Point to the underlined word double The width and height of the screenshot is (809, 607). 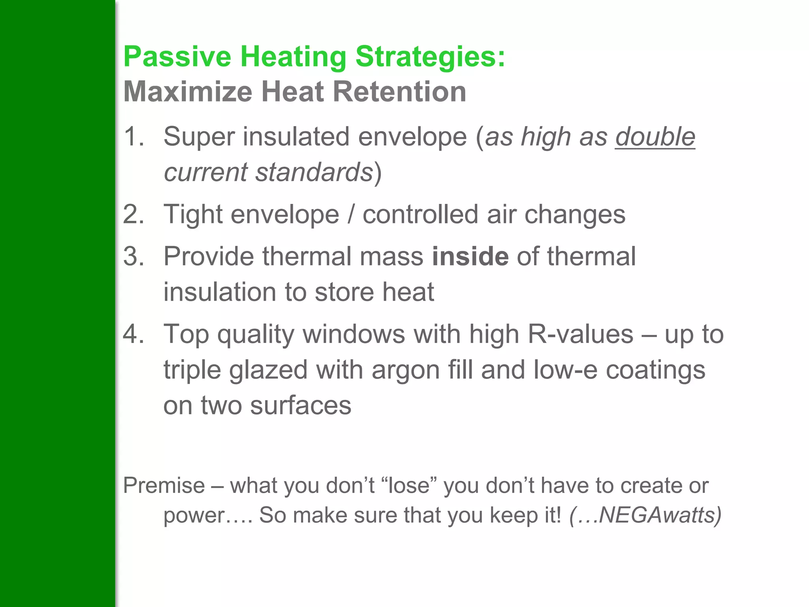pyautogui.click(x=655, y=137)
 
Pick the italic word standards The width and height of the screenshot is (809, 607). pyautogui.click(x=314, y=172)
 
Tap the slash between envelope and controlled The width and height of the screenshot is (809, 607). pyautogui.click(x=351, y=215)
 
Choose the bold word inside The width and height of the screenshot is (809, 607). pyautogui.click(x=470, y=256)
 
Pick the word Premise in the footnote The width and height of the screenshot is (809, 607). pyautogui.click(x=164, y=485)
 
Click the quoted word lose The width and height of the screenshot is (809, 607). pyautogui.click(x=409, y=485)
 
